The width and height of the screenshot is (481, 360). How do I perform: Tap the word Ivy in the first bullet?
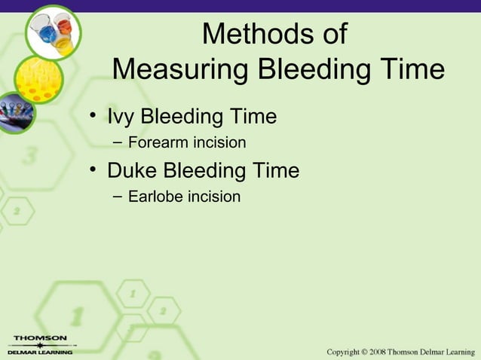point(121,117)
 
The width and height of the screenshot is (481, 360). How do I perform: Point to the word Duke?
point(133,170)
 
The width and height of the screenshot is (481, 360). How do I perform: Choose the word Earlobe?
point(157,197)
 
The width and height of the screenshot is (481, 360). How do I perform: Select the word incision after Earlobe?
point(215,197)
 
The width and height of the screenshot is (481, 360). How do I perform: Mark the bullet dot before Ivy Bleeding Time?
point(93,117)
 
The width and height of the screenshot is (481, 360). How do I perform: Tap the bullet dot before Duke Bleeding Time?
point(93,171)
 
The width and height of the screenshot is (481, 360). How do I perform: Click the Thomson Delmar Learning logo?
point(39,345)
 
